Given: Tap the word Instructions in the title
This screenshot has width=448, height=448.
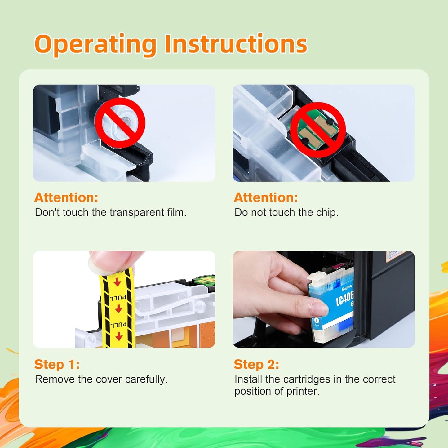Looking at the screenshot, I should coord(236,44).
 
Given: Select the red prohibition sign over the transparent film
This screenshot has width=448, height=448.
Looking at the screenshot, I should coord(120,123).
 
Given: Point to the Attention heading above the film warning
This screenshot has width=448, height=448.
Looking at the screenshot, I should coord(66,197).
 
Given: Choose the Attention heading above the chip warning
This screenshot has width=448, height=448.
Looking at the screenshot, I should coord(266,197).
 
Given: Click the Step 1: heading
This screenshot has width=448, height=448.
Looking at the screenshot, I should coord(57,364).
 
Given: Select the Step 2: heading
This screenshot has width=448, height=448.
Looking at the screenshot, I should coord(256,364).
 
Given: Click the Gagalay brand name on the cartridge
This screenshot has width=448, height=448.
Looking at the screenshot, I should coord(347,288).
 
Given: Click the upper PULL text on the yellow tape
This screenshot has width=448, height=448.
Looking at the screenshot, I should coord(118,298).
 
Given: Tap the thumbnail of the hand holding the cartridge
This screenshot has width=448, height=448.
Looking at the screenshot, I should coord(323,299).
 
